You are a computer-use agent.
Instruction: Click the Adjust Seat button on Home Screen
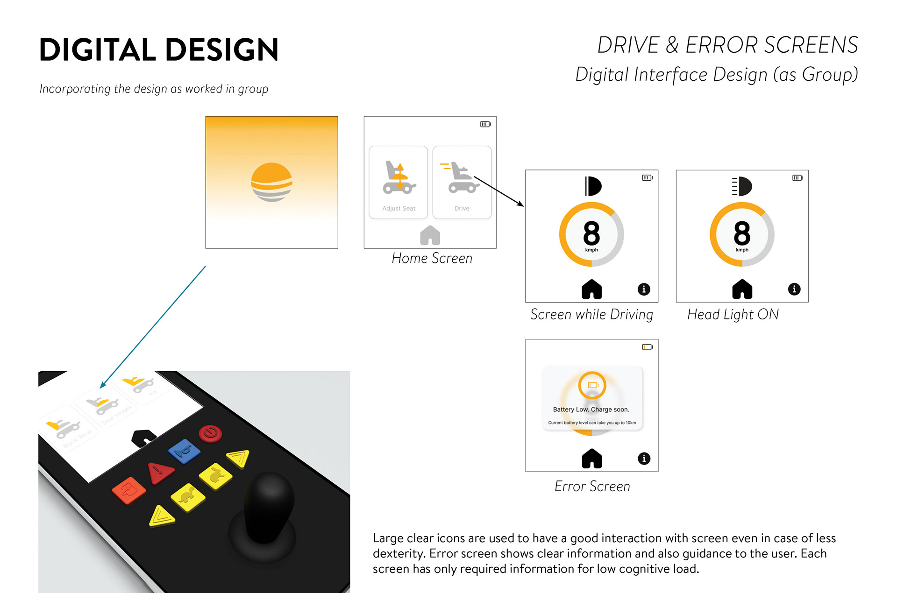click(398, 182)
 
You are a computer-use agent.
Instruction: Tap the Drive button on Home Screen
click(462, 182)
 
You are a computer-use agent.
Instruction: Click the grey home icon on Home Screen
click(430, 235)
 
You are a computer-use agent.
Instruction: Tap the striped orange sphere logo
click(271, 182)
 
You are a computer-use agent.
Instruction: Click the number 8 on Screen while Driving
click(591, 233)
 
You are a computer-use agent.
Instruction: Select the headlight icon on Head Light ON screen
click(742, 186)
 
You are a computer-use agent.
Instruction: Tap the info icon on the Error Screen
click(644, 459)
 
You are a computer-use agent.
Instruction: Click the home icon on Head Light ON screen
click(742, 289)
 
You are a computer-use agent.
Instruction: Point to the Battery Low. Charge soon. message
click(591, 409)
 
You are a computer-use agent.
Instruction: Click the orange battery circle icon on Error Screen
click(592, 385)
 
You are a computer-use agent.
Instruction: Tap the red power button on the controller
click(210, 433)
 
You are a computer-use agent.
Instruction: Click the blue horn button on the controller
click(184, 451)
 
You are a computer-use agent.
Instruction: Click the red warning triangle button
click(160, 473)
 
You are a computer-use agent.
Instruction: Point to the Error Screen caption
click(592, 487)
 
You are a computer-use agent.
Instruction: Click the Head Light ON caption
click(733, 315)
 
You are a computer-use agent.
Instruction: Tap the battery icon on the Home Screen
click(485, 124)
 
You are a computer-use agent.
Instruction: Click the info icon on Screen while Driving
click(644, 289)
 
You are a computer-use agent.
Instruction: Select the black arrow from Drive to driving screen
click(498, 191)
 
